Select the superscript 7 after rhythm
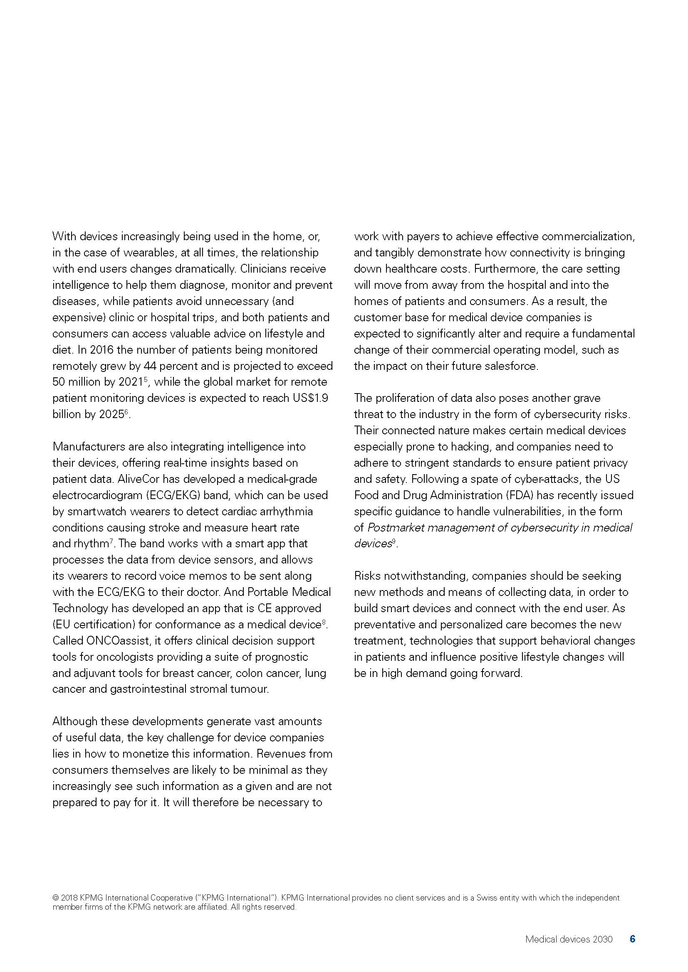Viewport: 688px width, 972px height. pos(111,541)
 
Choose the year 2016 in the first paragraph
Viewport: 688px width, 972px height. pos(102,349)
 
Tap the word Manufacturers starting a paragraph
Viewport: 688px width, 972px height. pos(89,447)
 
